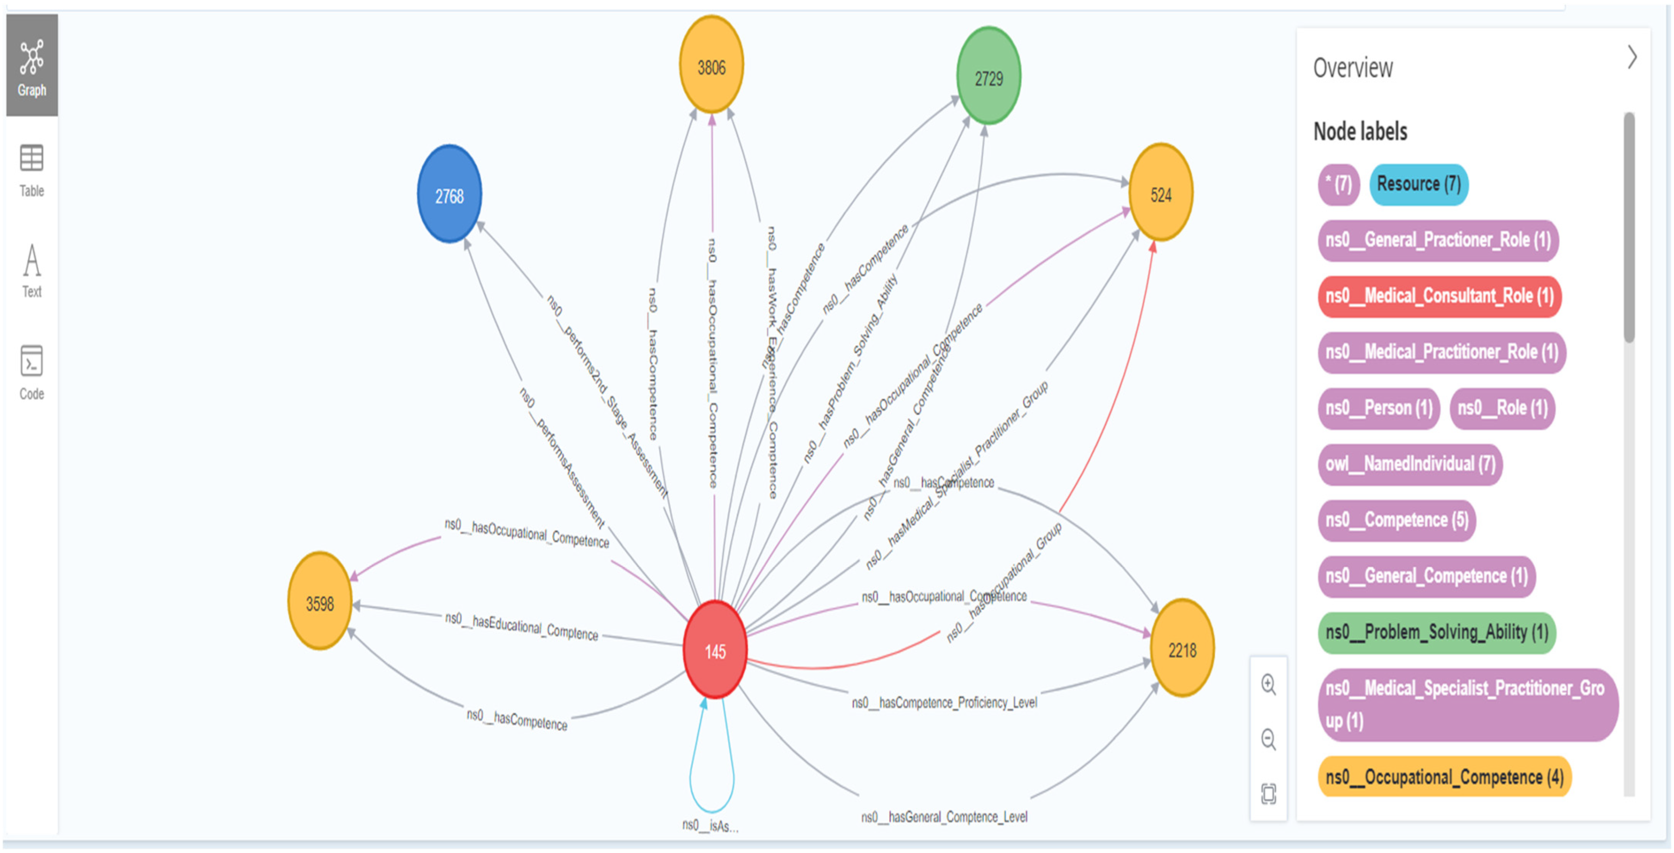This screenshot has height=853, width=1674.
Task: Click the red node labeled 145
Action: pos(715,650)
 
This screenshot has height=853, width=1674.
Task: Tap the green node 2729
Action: pos(988,77)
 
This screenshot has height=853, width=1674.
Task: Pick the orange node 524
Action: pos(1161,194)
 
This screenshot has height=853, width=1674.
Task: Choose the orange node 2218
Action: pos(1182,649)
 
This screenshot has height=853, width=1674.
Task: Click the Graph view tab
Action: pos(32,66)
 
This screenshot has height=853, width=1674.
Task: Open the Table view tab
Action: pos(32,171)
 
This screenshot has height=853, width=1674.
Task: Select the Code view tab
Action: pos(32,373)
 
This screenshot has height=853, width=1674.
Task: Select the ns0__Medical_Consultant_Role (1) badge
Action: pos(1439,297)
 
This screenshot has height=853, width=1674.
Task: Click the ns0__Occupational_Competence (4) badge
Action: pos(1444,777)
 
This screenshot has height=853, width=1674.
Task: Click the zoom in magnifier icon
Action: pos(1268,685)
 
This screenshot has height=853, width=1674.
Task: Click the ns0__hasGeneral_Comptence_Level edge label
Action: pos(944,817)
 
